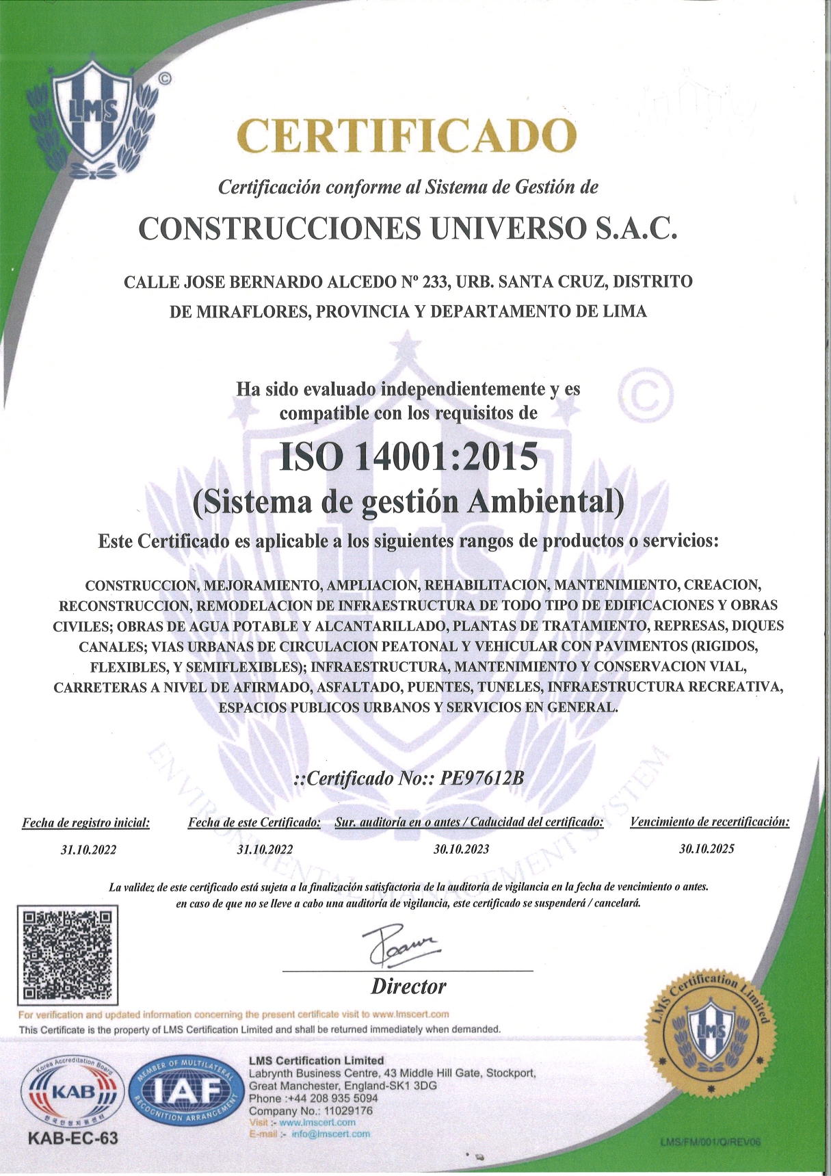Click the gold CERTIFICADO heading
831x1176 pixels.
tap(407, 137)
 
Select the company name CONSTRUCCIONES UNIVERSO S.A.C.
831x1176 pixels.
tap(408, 229)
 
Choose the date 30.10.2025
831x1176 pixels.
tap(707, 849)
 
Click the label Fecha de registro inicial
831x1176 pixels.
tap(86, 822)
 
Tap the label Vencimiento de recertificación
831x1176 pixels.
tap(709, 822)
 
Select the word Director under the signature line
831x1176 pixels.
tap(408, 986)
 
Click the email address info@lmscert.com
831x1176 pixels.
tap(331, 1134)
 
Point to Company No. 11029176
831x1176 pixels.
tap(311, 1111)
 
